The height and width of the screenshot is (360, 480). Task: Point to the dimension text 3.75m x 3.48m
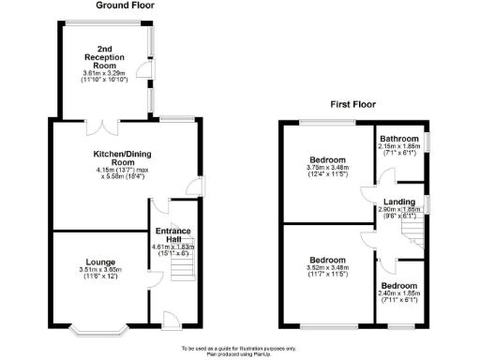point(328,168)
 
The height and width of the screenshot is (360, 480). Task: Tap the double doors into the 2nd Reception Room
point(99,122)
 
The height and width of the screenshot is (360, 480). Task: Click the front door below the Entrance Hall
point(172,321)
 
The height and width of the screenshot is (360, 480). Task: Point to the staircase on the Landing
point(410,226)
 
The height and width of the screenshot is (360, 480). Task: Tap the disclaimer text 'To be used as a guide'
point(239,347)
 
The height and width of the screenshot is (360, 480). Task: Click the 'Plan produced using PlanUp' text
point(239,353)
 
